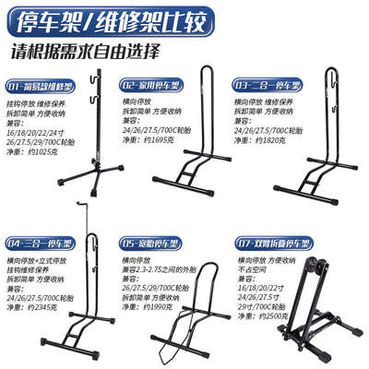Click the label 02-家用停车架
click(x=153, y=83)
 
